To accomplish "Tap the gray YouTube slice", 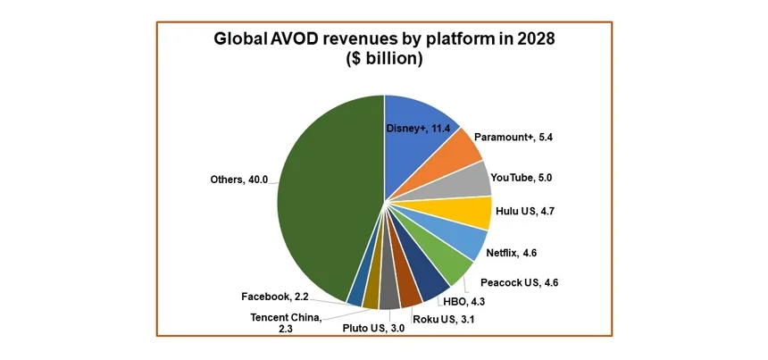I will point(470,179).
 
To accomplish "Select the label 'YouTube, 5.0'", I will point(528,178).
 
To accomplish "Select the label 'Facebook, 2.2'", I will point(276,297).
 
